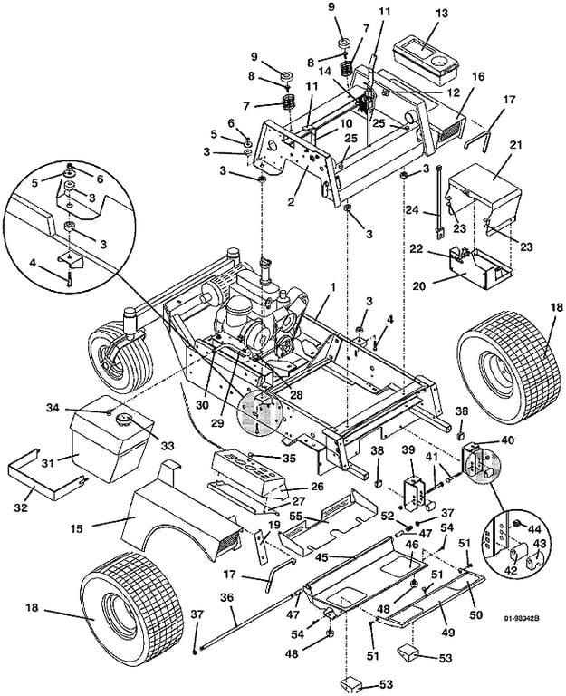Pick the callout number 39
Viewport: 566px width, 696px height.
[408, 449]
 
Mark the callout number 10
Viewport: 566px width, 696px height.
[321, 122]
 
